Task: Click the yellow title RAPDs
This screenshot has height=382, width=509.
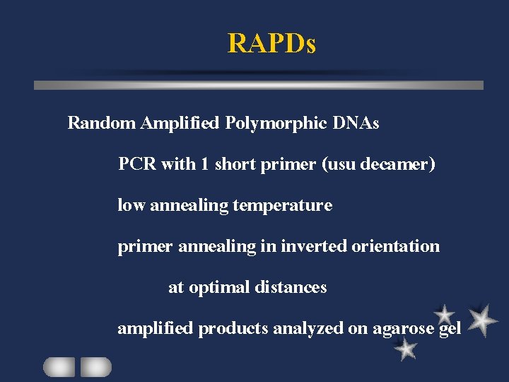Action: pos(271,43)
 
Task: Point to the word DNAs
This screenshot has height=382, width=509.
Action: pos(356,123)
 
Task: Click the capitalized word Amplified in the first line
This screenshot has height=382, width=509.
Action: pos(180,123)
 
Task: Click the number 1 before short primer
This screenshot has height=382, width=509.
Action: pos(204,164)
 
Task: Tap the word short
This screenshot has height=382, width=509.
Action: pos(234,164)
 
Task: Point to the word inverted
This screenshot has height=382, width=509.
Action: pos(313,246)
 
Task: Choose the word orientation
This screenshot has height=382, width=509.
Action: pos(397,246)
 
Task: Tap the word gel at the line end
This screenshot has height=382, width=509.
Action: pos(450,328)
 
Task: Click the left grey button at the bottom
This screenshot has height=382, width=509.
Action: pos(59,366)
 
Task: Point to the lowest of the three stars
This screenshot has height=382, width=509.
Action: pos(406,348)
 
